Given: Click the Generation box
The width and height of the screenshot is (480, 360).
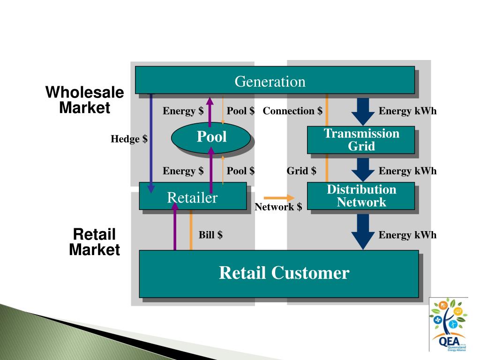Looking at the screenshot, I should (275, 80).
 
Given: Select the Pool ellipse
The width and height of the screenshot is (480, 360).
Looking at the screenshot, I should (211, 137).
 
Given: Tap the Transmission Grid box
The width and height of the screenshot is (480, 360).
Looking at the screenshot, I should (361, 140).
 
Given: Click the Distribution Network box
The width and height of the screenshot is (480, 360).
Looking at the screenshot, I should (361, 196).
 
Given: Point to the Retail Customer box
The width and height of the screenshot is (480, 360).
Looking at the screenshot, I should (278, 274).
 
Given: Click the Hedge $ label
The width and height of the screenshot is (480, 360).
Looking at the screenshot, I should (129, 139).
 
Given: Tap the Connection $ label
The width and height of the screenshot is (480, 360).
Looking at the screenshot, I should (292, 111).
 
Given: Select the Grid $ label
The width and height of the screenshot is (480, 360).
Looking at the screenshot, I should (301, 171).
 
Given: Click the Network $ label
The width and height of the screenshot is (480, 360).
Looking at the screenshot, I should (278, 207).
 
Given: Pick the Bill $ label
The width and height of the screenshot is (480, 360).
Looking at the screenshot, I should (210, 235).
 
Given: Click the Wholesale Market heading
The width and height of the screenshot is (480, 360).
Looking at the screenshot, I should (84, 100).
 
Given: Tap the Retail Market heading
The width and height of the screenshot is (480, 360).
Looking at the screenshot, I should (94, 242).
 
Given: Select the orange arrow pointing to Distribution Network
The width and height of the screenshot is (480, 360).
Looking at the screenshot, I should (279, 197).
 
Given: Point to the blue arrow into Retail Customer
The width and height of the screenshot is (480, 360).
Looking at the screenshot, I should (363, 232).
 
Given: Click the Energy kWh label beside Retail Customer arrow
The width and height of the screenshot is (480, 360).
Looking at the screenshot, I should (407, 235).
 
